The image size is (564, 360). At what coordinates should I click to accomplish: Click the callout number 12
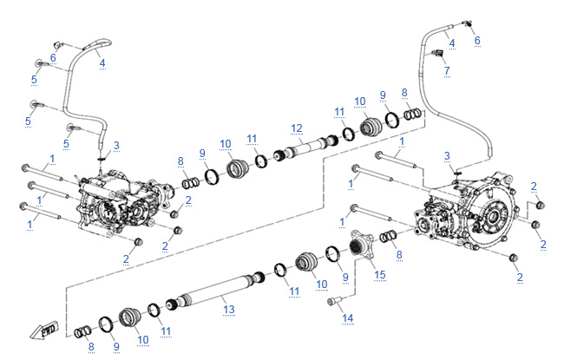tap(296, 128)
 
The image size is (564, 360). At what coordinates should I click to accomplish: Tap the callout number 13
tap(229, 309)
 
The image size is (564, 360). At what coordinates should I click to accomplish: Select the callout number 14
tap(347, 319)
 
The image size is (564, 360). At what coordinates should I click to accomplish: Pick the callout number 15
tap(378, 275)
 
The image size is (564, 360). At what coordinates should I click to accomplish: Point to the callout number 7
tap(446, 70)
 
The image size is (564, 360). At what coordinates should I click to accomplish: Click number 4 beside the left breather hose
tap(102, 62)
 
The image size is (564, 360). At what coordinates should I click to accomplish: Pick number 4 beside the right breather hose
tap(451, 42)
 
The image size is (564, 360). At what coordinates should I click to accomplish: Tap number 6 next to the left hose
tap(53, 58)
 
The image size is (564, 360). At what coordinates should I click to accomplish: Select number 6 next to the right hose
tap(476, 40)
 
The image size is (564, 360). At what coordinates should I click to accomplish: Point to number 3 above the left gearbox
tap(117, 144)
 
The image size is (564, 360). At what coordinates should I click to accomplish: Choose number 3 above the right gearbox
tap(447, 156)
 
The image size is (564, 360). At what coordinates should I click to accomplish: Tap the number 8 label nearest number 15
tap(398, 255)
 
